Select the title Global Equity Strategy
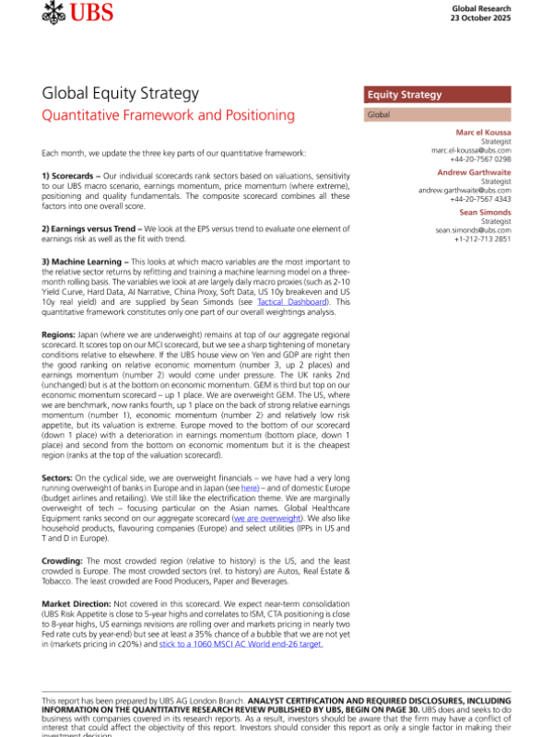(x=121, y=94)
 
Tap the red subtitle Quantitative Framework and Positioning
(x=169, y=116)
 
